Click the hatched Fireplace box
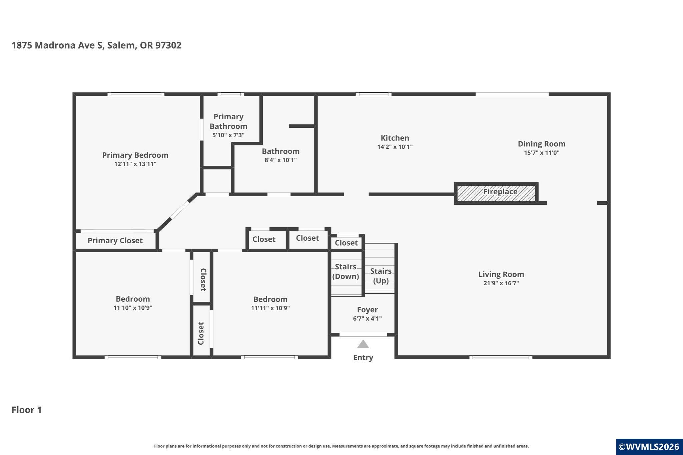(496, 193)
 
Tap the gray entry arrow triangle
(363, 344)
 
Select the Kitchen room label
(395, 138)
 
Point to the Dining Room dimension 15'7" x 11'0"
(542, 153)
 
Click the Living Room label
(501, 274)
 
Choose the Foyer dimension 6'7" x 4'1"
(367, 318)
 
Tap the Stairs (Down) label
(346, 271)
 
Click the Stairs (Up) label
(381, 276)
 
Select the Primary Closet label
(115, 241)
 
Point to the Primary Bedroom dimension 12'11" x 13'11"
(135, 164)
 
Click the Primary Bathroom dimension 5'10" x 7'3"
(228, 135)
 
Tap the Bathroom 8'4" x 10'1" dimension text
(280, 160)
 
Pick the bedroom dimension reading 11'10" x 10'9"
(133, 308)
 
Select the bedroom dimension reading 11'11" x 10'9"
(270, 308)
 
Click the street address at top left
(97, 45)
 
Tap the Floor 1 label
(27, 410)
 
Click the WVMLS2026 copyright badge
(649, 447)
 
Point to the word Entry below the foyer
(363, 357)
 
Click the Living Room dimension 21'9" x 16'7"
(501, 283)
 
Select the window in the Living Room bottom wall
(501, 357)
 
